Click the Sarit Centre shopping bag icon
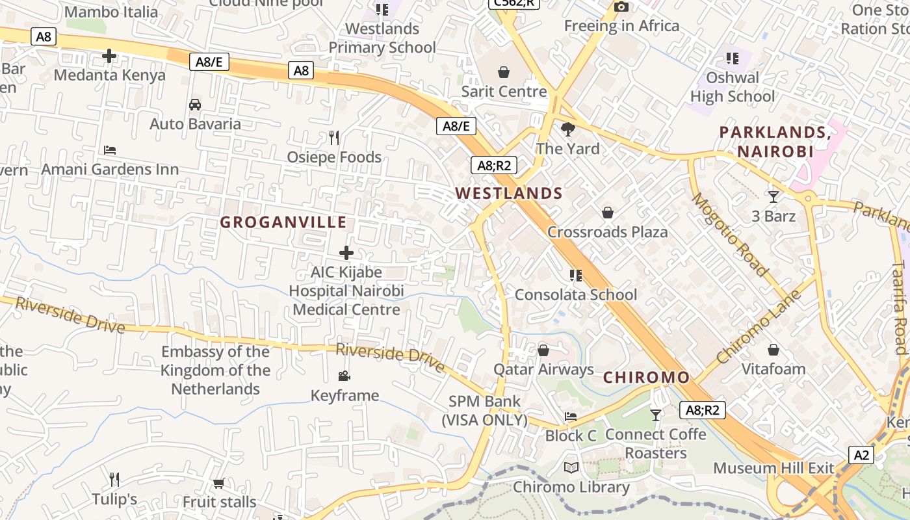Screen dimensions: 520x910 (503, 71)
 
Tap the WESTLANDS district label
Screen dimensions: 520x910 (509, 193)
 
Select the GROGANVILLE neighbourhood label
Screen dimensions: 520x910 (283, 222)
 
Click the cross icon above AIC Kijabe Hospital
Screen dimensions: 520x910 (346, 253)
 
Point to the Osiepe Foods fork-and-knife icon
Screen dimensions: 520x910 (334, 138)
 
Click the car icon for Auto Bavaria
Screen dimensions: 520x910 (194, 105)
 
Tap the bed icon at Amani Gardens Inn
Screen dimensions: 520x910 (110, 150)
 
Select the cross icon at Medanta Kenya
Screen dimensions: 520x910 (109, 56)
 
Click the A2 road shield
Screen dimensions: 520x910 (861, 455)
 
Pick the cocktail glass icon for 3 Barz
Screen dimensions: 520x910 (773, 196)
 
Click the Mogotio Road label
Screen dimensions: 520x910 (729, 234)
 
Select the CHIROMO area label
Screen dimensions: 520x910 (646, 378)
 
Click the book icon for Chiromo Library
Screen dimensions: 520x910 (571, 468)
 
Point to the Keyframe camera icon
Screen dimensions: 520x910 (344, 376)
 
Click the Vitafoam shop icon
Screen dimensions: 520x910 (773, 350)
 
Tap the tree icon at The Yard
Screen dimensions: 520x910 (568, 129)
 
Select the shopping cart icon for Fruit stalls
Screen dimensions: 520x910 (219, 483)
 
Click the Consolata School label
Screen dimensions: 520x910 (576, 295)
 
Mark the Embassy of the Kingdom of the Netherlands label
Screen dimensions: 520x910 (215, 370)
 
